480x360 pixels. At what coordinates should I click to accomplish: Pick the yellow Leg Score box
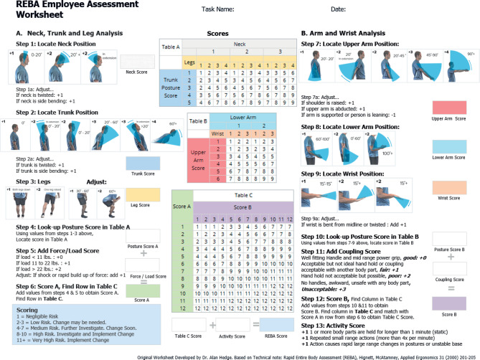[x=141, y=194]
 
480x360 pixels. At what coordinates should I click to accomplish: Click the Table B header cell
[x=199, y=121]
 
